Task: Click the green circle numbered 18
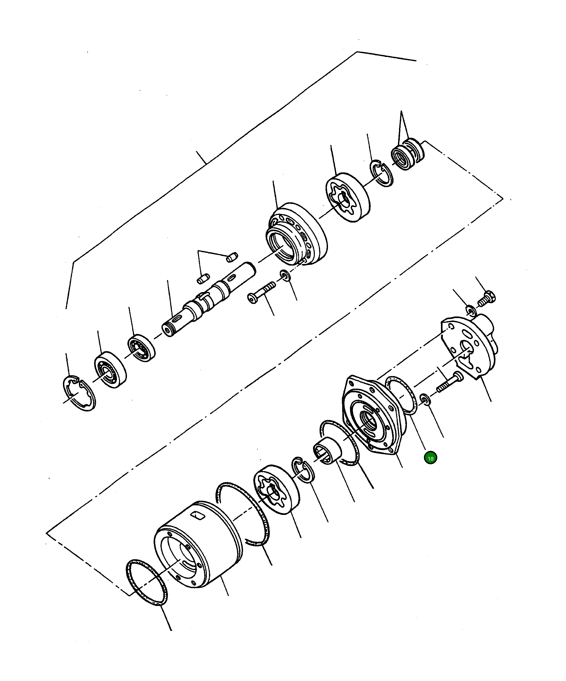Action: [430, 458]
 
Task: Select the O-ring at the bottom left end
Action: [147, 582]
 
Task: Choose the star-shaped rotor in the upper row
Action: [347, 199]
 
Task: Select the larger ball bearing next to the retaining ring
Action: [110, 370]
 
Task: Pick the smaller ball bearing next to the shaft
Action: [141, 348]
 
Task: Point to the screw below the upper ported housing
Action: [262, 293]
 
